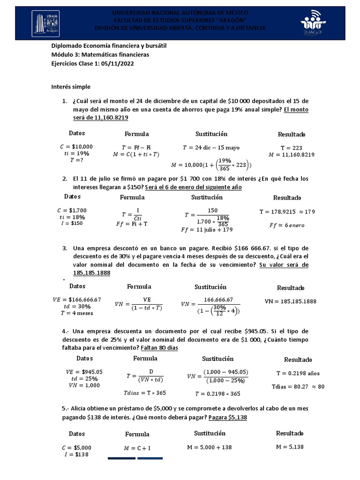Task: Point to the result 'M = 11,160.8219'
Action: tap(291, 154)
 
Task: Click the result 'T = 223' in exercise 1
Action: tap(291, 147)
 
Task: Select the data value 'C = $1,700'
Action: tap(72, 210)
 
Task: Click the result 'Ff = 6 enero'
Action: tap(287, 225)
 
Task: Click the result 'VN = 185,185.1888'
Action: tap(290, 301)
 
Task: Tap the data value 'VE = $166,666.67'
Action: tap(78, 299)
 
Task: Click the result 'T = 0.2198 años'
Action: tap(298, 373)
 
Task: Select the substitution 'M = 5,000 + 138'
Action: tap(209, 448)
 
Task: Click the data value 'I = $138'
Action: tap(76, 455)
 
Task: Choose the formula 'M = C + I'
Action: tap(137, 448)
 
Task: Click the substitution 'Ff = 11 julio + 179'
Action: tap(206, 230)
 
